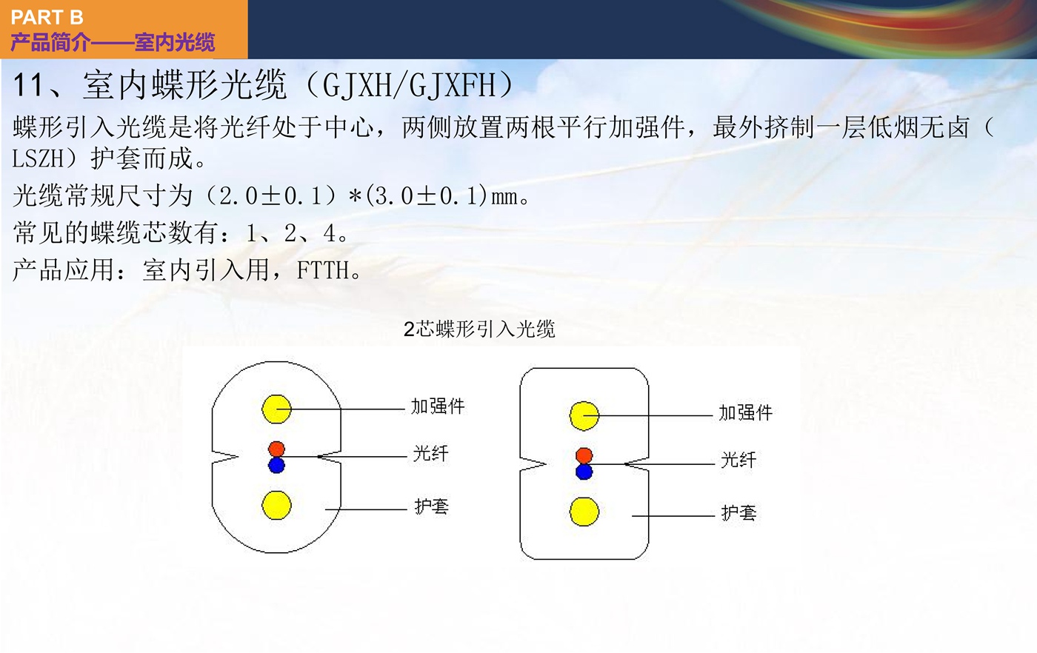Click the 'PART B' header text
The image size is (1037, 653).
pyautogui.click(x=47, y=18)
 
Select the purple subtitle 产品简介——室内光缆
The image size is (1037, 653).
pyautogui.click(x=113, y=42)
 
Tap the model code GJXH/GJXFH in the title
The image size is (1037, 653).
pyautogui.click(x=409, y=86)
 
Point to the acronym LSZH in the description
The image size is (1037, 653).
pyautogui.click(x=38, y=158)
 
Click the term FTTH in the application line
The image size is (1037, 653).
pyautogui.click(x=323, y=270)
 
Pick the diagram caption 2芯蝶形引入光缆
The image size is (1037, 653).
pyautogui.click(x=479, y=329)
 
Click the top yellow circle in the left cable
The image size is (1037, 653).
pyautogui.click(x=276, y=409)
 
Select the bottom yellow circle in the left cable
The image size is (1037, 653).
pyautogui.click(x=276, y=505)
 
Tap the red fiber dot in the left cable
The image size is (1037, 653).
pyautogui.click(x=276, y=449)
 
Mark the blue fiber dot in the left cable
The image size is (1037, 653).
pyautogui.click(x=276, y=465)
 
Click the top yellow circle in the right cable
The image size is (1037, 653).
pyautogui.click(x=584, y=415)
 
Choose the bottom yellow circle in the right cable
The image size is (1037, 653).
pyautogui.click(x=584, y=512)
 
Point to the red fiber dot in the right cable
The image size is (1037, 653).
pyautogui.click(x=584, y=455)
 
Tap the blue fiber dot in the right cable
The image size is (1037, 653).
pyautogui.click(x=584, y=472)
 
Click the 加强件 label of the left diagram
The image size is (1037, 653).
pyautogui.click(x=438, y=406)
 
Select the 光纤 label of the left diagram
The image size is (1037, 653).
pyautogui.click(x=430, y=454)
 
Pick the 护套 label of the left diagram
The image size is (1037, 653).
pyautogui.click(x=431, y=506)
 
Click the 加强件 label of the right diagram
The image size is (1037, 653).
pyautogui.click(x=745, y=413)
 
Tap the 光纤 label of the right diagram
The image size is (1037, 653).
pyautogui.click(x=738, y=460)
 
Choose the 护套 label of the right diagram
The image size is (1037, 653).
pyautogui.click(x=739, y=513)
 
